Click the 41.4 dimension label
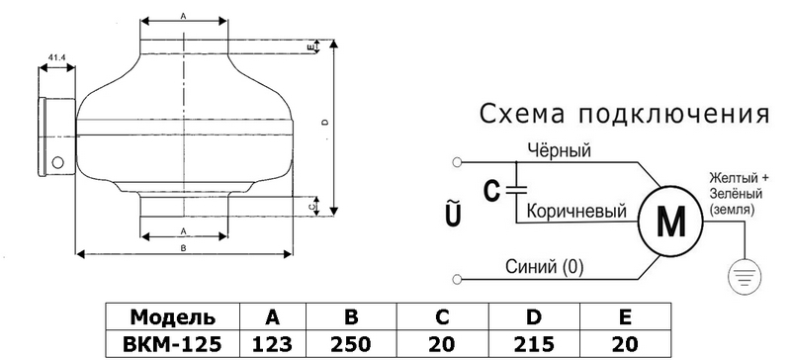point(56,57)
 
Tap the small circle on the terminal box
point(58,162)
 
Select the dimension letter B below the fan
point(184,248)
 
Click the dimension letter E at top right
point(312,46)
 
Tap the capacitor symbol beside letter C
point(516,190)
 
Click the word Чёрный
point(559,150)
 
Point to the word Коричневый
point(576,211)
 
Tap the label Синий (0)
point(545,267)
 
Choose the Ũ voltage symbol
point(454,215)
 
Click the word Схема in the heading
point(523,114)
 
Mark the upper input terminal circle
point(457,162)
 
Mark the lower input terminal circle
point(457,279)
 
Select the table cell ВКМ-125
point(172,344)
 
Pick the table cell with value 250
point(351,344)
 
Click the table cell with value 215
point(534,344)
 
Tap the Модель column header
point(172,317)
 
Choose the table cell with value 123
point(273,344)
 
